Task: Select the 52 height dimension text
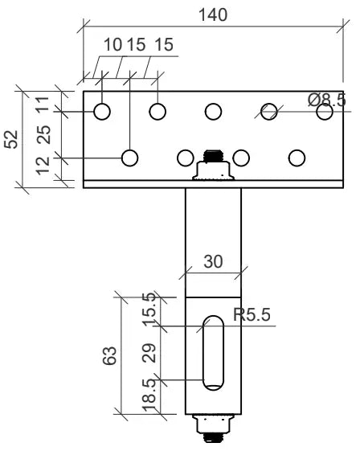11,139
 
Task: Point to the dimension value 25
44,133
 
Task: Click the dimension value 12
44,166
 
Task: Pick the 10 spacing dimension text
111,44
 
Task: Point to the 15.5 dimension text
149,310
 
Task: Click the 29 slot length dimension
149,352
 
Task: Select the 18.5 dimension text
149,397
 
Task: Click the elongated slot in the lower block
213,353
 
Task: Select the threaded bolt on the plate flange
213,165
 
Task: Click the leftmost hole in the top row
102,111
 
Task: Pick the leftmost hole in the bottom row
129,157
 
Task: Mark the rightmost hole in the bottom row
297,157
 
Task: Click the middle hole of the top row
213,111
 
